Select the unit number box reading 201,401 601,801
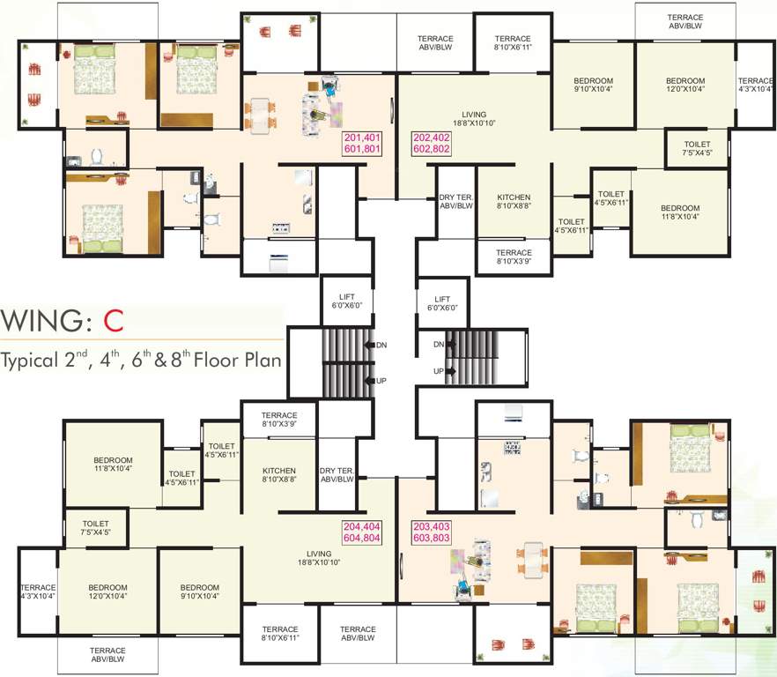click(362, 144)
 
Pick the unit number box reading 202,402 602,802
click(432, 144)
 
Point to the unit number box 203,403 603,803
click(432, 532)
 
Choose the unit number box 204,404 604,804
click(362, 532)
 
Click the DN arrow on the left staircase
click(370, 346)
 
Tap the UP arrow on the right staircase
click(450, 371)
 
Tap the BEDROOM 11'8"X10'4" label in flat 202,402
click(680, 212)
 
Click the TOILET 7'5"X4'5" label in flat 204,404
click(96, 528)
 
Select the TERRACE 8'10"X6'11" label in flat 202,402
click(513, 42)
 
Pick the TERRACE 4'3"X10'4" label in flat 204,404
click(38, 591)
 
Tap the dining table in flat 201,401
click(260, 116)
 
